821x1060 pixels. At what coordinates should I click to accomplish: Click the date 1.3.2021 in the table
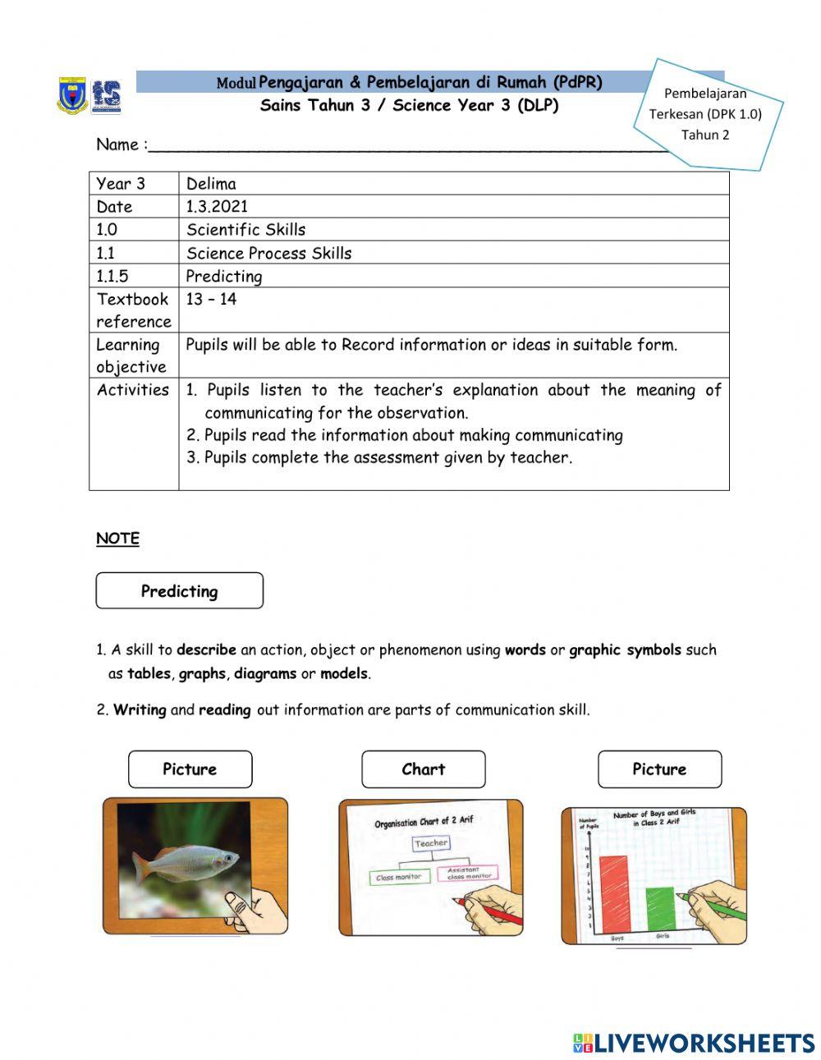point(217,207)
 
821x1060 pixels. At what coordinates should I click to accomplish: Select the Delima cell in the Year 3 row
point(211,184)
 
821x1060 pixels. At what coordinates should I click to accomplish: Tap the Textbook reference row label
point(134,310)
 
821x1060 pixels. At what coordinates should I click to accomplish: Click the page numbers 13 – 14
point(211,300)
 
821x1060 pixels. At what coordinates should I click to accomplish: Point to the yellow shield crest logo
point(72,96)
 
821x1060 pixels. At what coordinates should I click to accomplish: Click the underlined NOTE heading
point(117,539)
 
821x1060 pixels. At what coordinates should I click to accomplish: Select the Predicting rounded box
point(179,591)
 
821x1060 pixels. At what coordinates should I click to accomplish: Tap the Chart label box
point(423,769)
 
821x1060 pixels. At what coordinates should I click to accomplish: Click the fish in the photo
point(186,862)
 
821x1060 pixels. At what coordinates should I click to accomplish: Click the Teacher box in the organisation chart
point(431,843)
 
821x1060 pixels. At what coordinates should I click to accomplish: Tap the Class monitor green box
point(398,878)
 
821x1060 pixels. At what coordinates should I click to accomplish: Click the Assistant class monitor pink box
point(469,874)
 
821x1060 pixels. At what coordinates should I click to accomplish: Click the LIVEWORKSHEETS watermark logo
point(694,1043)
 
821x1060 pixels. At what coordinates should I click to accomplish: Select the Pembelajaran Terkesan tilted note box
point(706,114)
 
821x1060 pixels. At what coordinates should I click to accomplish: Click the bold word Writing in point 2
point(140,710)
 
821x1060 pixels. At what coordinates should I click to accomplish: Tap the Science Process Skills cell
point(268,254)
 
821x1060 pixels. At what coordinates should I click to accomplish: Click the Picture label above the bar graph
point(659,769)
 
